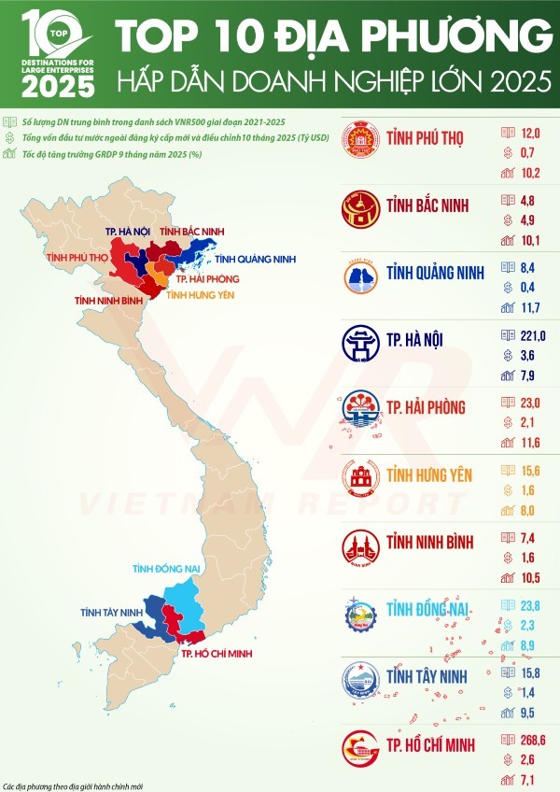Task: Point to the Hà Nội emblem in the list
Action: point(359,344)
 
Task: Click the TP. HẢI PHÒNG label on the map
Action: point(204,278)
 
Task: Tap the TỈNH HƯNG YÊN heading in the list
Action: point(430,475)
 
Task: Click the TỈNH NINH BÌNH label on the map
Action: point(109,300)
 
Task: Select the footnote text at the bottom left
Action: point(74,785)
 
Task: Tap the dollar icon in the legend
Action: point(8,138)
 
